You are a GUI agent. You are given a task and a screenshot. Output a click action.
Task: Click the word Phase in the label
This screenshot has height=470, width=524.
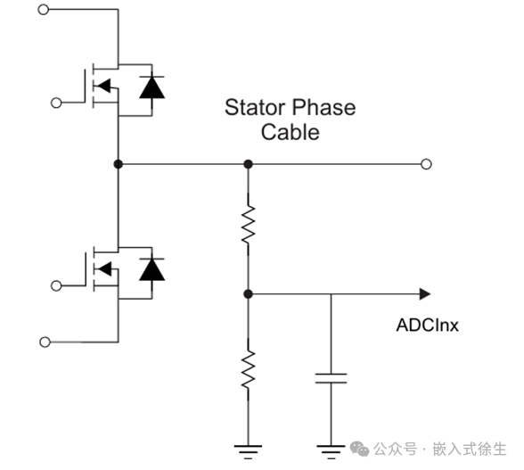(x=324, y=107)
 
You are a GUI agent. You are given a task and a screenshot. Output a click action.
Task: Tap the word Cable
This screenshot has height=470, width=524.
(x=291, y=132)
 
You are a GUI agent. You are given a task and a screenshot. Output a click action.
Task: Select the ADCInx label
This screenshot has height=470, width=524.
(x=428, y=325)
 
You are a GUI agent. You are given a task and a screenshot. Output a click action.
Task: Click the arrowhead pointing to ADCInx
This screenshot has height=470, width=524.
(x=425, y=294)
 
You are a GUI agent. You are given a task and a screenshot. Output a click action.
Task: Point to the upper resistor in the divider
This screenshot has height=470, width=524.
(x=248, y=224)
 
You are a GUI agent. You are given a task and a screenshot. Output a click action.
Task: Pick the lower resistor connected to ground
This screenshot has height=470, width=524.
(x=248, y=370)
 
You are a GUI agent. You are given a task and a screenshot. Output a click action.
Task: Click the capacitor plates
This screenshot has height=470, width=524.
(x=332, y=378)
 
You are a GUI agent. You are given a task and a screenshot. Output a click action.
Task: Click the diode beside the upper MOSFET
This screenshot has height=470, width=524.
(x=152, y=87)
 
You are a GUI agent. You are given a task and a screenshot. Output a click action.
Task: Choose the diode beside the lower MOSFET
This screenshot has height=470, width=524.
(x=152, y=269)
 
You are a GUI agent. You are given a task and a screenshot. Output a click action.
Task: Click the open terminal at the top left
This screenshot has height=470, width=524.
(x=44, y=10)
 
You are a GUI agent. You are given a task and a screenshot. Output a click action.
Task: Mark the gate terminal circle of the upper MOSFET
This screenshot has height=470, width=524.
(x=56, y=103)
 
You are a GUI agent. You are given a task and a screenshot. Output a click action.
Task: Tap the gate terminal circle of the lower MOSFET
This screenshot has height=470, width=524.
(x=56, y=285)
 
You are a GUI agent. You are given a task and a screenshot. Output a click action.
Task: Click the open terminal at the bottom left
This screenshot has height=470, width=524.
(x=45, y=342)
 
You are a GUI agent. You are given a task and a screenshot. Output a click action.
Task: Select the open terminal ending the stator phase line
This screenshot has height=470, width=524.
(x=426, y=164)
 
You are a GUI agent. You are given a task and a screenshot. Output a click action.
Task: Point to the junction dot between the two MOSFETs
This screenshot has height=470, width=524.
(x=118, y=164)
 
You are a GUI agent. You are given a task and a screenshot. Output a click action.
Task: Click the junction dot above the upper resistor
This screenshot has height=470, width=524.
(x=248, y=164)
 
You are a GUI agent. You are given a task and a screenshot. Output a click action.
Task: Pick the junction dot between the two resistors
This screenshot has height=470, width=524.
(x=248, y=294)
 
